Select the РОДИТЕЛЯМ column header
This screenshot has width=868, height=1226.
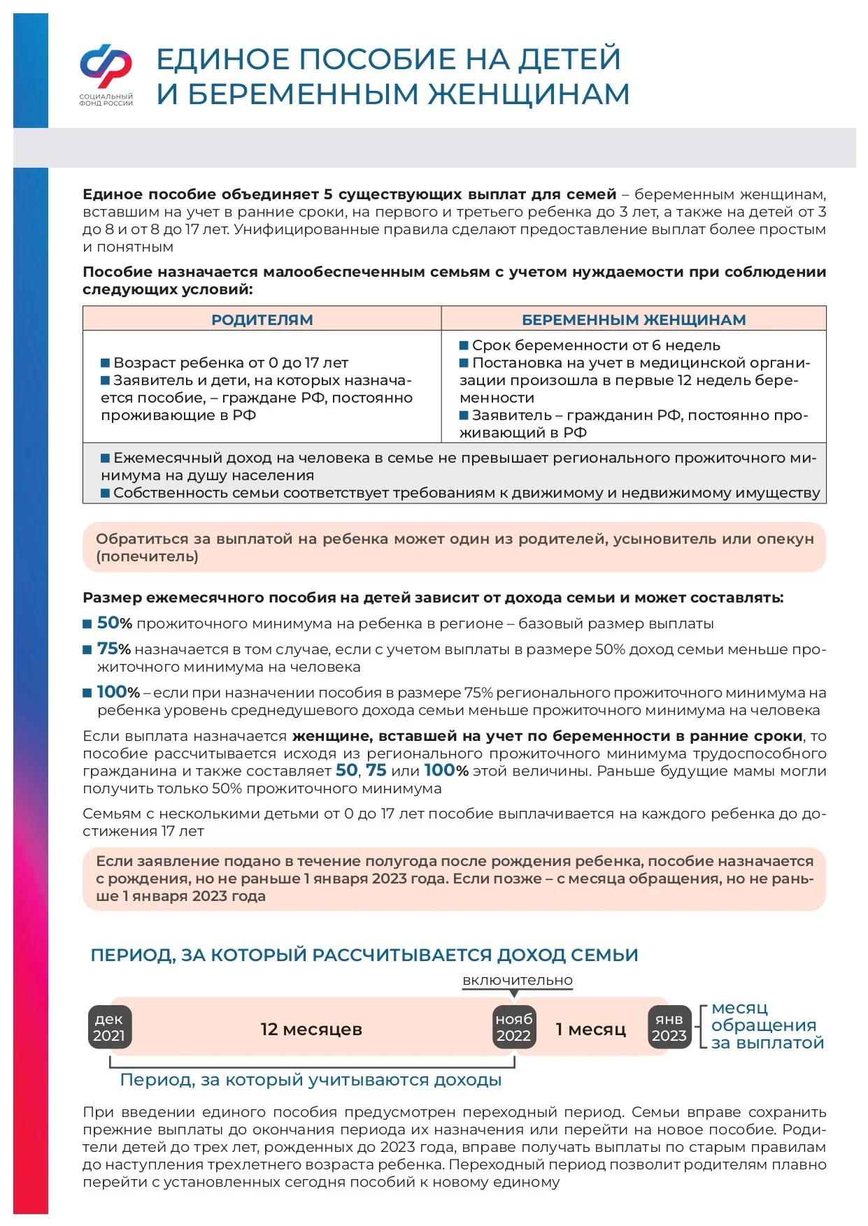click(262, 319)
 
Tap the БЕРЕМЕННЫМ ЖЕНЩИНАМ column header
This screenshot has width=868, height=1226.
click(634, 319)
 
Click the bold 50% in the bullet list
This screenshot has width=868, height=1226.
click(114, 623)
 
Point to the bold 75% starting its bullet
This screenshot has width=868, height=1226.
click(113, 649)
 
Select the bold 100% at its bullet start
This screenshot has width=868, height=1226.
click(118, 692)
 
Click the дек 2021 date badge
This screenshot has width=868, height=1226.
click(109, 1027)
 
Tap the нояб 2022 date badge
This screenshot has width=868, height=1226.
click(514, 1027)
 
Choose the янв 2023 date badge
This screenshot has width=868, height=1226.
click(669, 1027)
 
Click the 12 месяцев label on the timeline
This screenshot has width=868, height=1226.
click(311, 1029)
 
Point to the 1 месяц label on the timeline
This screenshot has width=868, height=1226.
click(590, 1029)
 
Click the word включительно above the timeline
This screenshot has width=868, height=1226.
click(518, 980)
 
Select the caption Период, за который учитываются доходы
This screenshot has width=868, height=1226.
click(311, 1079)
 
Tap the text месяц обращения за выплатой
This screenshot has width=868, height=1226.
click(767, 1025)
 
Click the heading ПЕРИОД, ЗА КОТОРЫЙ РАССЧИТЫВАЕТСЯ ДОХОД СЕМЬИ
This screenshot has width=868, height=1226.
click(364, 955)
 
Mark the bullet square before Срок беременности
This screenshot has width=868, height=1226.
click(464, 345)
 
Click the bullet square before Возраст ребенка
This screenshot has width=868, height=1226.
click(106, 363)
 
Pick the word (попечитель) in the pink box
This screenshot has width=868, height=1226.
click(148, 556)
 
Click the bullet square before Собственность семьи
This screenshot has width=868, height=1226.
click(106, 493)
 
